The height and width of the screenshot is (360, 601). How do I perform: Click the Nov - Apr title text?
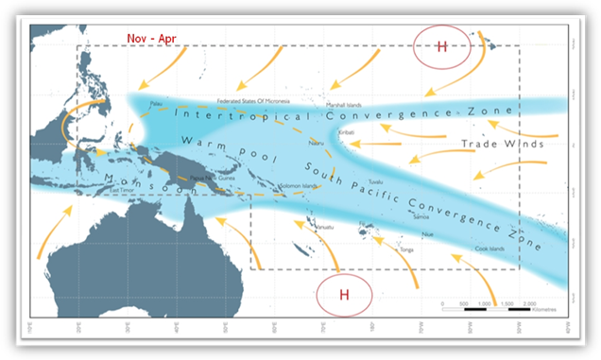tap(151, 38)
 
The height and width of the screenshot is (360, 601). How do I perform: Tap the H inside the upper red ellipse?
tap(441, 48)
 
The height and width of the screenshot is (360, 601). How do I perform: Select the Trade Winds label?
tap(502, 145)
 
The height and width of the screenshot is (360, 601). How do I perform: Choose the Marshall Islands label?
tap(344, 105)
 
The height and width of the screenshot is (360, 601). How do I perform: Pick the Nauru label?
tap(316, 141)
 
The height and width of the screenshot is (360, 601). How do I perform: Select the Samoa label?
tap(421, 216)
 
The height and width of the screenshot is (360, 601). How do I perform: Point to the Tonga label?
tap(407, 249)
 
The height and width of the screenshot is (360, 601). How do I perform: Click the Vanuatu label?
tap(326, 227)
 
